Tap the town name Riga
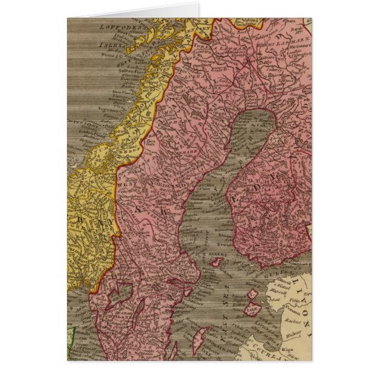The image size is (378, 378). point(292,351)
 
